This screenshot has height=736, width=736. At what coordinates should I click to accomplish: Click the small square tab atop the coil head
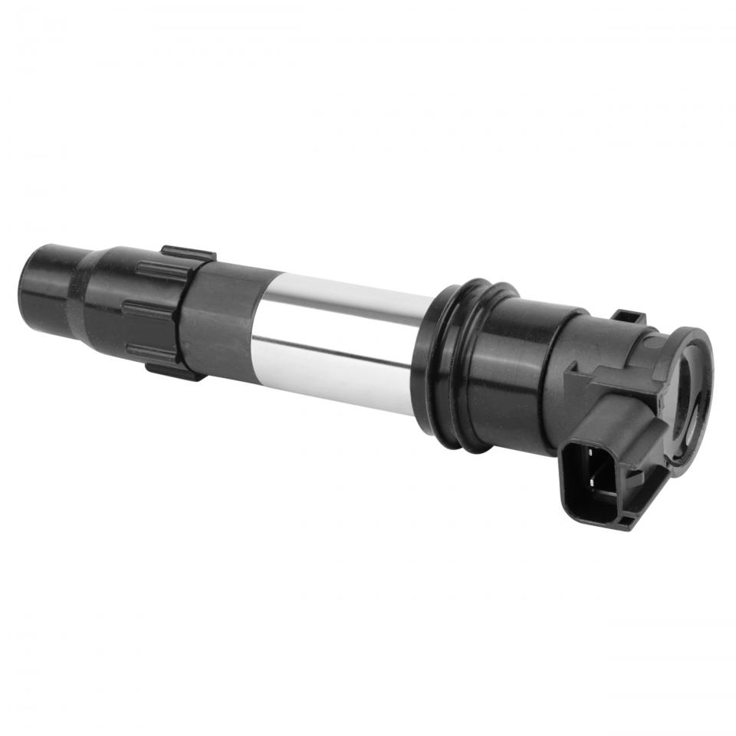[x=628, y=317]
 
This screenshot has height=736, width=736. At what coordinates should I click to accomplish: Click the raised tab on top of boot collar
[x=188, y=254]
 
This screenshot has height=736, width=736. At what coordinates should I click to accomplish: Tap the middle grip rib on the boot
[x=150, y=310]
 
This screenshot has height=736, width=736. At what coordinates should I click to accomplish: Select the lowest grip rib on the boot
[x=149, y=352]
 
